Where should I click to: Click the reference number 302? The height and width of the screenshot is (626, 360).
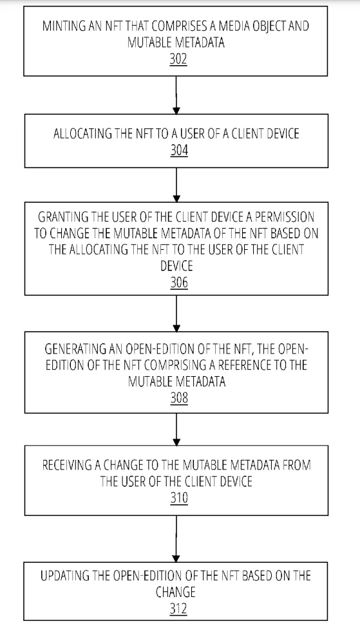178,59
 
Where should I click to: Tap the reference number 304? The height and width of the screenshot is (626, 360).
179,150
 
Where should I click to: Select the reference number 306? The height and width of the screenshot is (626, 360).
179,282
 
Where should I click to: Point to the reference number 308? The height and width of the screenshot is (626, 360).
179,397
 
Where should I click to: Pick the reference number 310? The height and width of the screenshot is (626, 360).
179,498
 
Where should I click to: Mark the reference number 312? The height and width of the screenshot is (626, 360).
178,609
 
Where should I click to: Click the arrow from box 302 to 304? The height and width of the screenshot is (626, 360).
176,95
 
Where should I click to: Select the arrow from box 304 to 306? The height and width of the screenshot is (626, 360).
176,185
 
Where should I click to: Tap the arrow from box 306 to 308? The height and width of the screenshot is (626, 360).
176,314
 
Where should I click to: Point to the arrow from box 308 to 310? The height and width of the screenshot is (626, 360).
176,429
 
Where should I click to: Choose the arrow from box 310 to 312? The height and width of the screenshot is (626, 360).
176,538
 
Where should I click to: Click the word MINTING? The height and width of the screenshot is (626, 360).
64,26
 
